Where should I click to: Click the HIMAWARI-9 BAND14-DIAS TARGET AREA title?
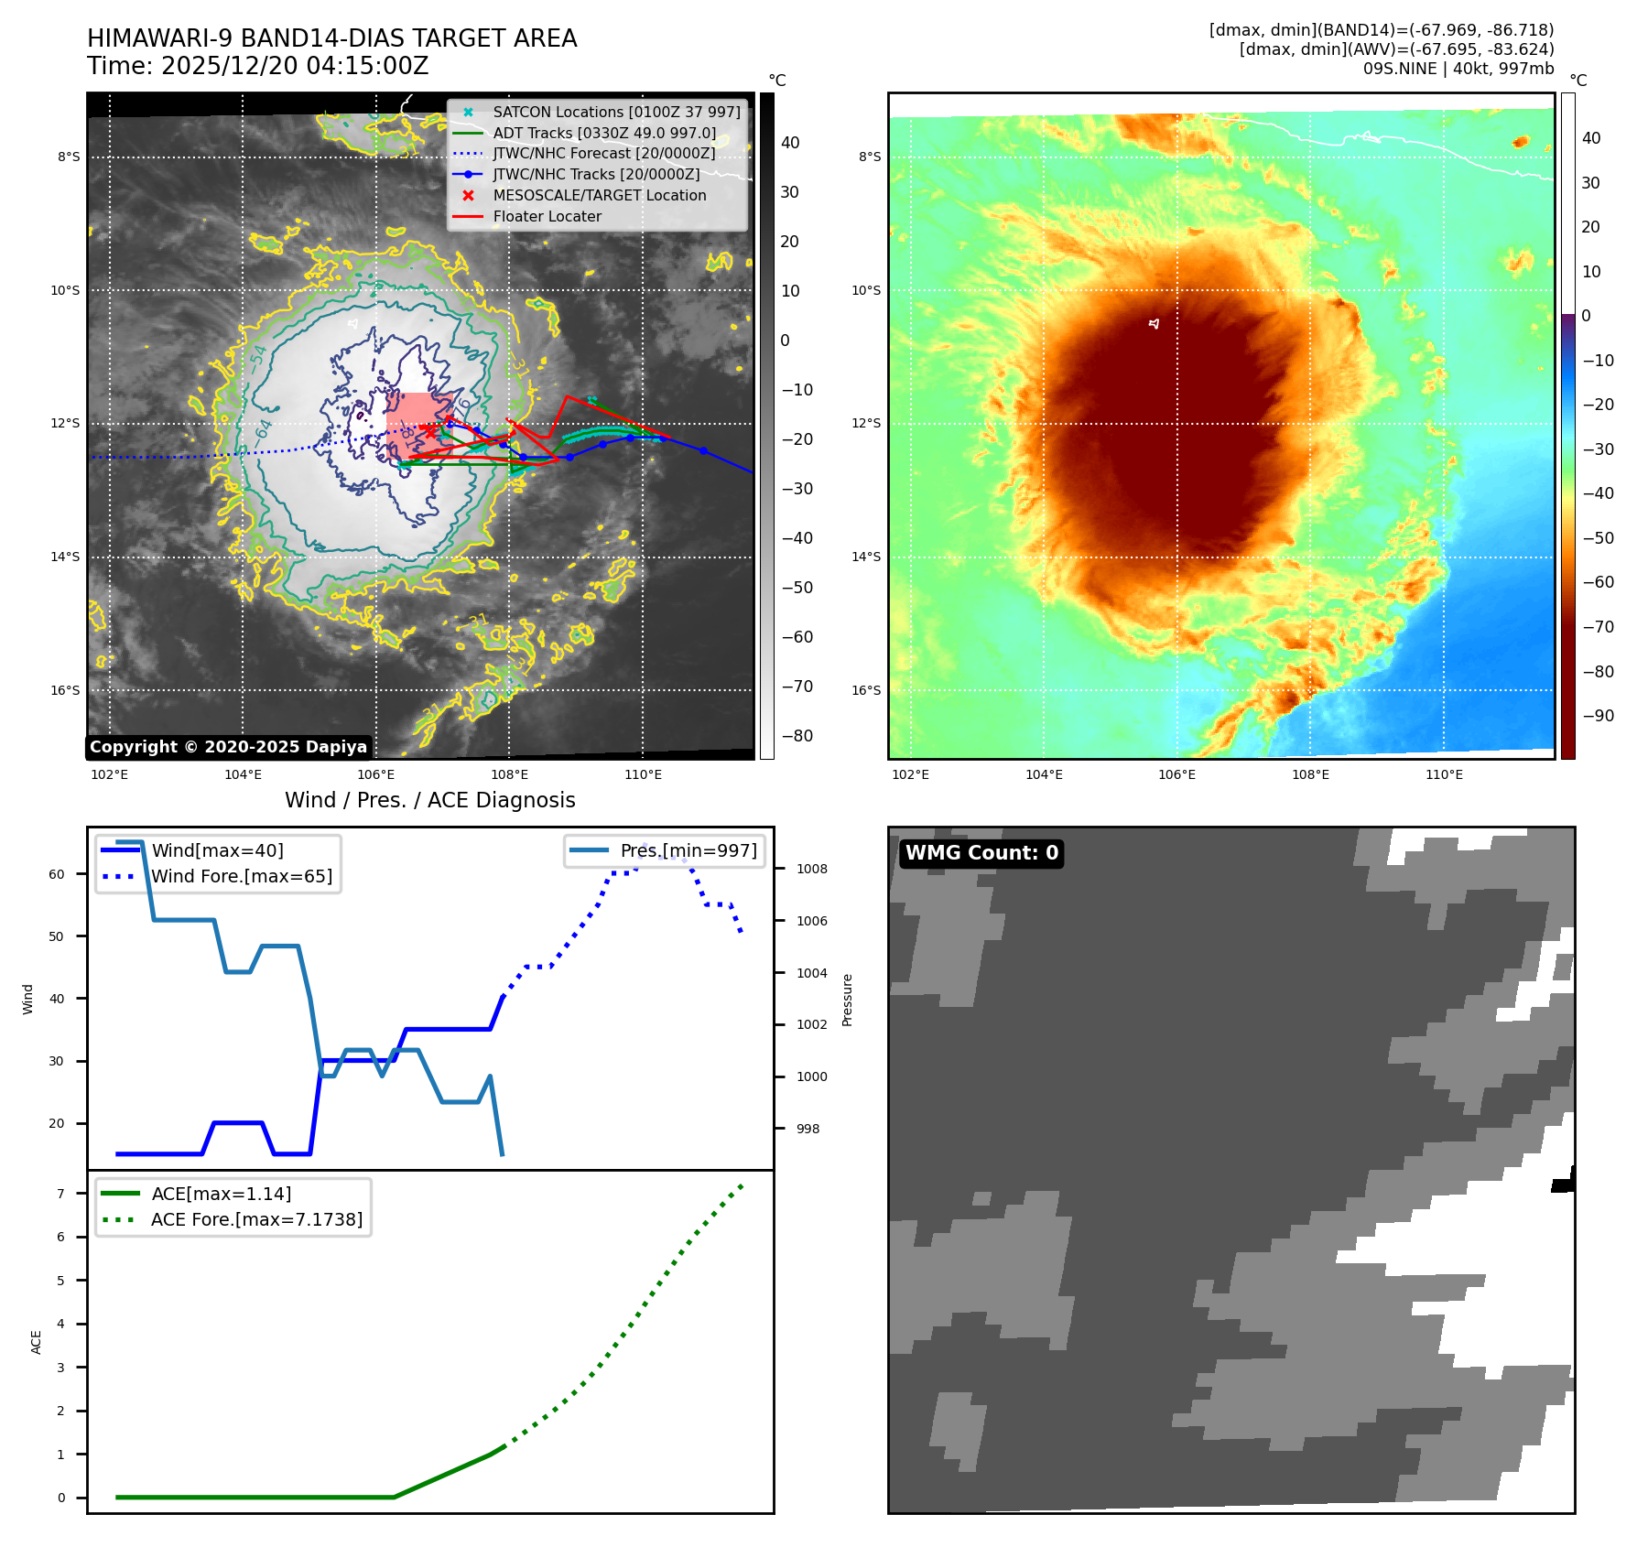(331, 38)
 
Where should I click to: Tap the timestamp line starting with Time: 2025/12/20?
(257, 66)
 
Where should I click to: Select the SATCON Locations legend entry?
(615, 112)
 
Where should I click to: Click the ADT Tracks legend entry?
(604, 133)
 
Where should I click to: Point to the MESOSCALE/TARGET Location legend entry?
(599, 195)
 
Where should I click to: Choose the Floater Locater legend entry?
(547, 216)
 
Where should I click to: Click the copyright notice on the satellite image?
(228, 747)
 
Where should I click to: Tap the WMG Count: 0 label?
(981, 853)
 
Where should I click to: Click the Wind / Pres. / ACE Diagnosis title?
(429, 800)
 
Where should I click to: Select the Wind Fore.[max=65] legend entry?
(242, 876)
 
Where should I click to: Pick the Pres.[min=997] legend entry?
(688, 850)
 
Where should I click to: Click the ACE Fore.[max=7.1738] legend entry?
(256, 1219)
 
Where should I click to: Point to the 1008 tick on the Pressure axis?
(811, 869)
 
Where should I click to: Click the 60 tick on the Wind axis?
(57, 874)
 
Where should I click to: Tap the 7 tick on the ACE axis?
(61, 1194)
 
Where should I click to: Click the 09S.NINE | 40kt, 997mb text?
(1458, 69)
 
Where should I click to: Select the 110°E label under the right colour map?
(1444, 774)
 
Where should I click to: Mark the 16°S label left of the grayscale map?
(65, 690)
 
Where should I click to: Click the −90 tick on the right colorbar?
(1598, 716)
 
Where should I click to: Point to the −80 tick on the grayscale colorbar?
(797, 736)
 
